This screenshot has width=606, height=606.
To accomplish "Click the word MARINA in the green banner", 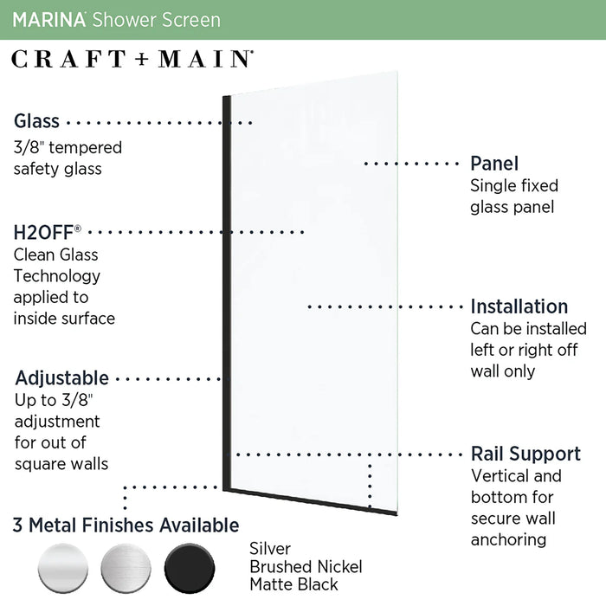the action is [48, 20].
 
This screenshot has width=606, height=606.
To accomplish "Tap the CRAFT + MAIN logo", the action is [132, 59].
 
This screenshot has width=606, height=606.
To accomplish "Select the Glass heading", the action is [36, 121].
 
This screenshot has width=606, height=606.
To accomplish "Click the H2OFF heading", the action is [47, 233].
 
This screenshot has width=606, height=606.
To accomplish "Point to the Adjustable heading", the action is [61, 378].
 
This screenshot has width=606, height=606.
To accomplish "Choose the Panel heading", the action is [494, 164].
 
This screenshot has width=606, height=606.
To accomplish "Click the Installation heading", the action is [519, 306].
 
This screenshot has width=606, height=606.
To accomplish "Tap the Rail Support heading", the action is [525, 454].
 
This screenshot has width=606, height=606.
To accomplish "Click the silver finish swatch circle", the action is [63, 568].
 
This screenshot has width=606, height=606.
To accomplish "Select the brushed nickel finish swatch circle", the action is [126, 568].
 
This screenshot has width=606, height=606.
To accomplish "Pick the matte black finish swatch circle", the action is [190, 568].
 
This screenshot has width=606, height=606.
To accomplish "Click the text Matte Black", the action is [293, 584].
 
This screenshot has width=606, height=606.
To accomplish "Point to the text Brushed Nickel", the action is [306, 567].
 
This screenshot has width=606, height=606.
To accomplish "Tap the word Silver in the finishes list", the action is [270, 549].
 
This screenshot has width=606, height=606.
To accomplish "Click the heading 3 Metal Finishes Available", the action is [126, 525].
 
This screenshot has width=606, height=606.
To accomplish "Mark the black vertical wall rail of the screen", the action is [227, 293].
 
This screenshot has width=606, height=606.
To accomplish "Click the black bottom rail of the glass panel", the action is [310, 501].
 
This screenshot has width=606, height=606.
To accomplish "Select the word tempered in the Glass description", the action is [86, 148].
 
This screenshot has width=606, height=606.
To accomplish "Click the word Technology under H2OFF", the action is [57, 276].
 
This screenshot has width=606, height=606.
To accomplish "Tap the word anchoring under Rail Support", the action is [509, 540].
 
